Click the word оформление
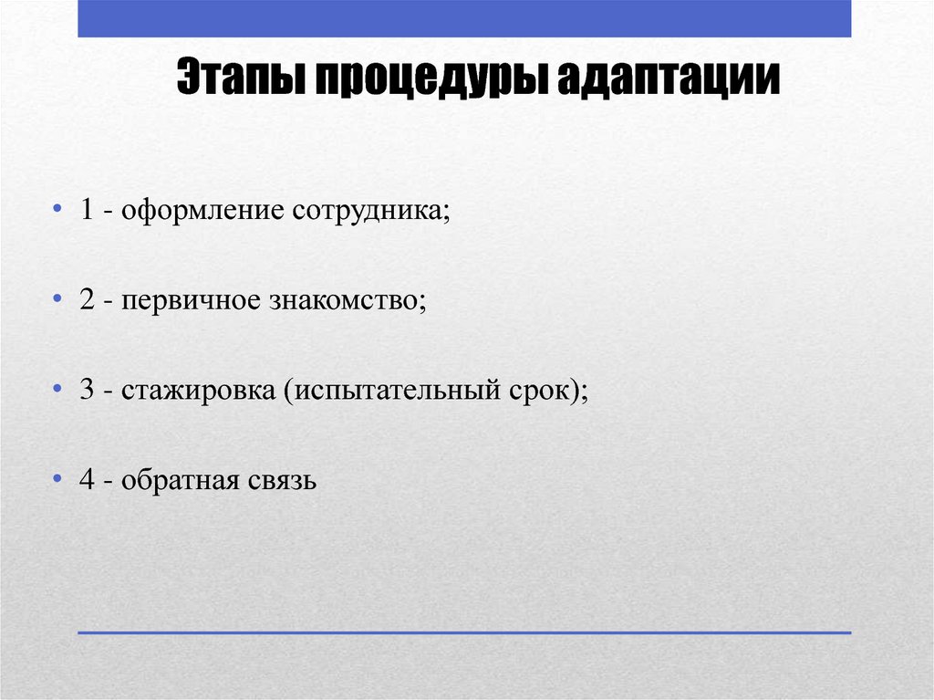(202, 211)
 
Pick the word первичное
(187, 300)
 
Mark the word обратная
(178, 479)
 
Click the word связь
(280, 479)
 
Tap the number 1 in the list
(87, 211)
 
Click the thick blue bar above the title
(464, 18)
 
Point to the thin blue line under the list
(464, 632)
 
